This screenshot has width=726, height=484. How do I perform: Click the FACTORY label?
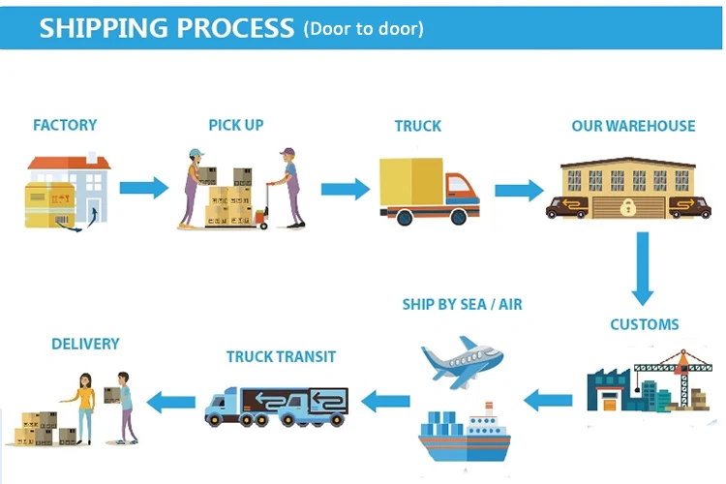coord(65,125)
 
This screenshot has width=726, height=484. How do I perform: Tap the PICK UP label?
coord(235,125)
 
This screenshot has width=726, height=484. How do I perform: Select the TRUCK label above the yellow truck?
coord(417,126)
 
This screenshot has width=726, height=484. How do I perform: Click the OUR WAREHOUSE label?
coord(633,126)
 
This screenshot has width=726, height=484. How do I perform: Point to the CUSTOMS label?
coord(644,324)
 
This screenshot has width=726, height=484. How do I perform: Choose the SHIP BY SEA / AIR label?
coord(462,304)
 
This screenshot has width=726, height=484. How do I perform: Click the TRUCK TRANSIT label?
coord(281,356)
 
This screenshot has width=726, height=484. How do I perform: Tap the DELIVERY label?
coord(85,344)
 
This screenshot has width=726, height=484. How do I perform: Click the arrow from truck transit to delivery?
coord(173,399)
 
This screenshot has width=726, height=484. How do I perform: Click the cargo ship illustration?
coord(465,436)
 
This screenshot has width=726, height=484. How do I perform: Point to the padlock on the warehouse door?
coord(628,205)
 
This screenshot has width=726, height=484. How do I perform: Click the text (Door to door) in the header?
coord(363,28)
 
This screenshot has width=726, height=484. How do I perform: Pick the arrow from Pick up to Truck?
coord(345,187)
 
